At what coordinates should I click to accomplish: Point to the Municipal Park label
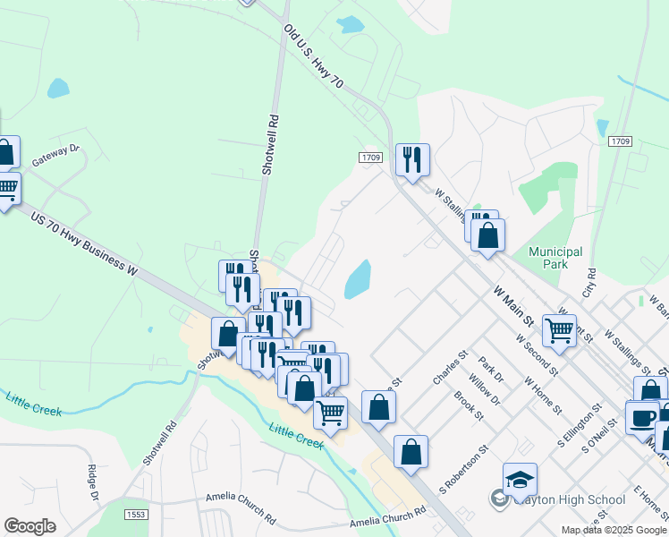555,259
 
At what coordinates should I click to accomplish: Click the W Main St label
515,306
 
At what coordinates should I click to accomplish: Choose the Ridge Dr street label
92,483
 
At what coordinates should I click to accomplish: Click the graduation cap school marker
520,479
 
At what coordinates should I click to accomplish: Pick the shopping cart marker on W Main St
559,329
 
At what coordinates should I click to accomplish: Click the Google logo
30,526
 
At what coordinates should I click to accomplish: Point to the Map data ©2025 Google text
614,530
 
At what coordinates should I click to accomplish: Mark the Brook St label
468,405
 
